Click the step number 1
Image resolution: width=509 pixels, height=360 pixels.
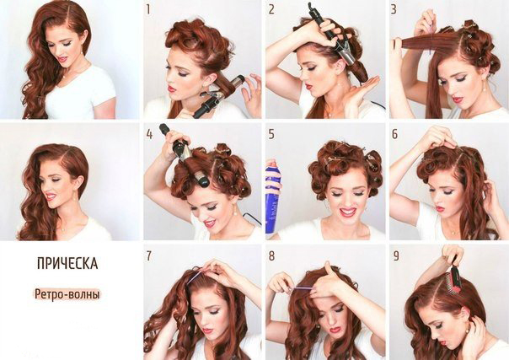148,9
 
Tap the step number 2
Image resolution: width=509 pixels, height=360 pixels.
271,9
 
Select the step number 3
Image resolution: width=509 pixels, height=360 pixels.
394,9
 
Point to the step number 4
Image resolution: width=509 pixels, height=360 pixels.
149,134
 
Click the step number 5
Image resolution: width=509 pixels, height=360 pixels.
271,134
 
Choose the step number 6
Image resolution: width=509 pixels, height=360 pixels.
394,134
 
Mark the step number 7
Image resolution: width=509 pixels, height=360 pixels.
148,256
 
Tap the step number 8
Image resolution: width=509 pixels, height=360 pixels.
271,256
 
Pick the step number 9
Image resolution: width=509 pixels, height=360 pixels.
396,256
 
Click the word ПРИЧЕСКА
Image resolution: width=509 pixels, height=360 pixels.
67,263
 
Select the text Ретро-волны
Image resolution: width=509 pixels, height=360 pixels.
67,294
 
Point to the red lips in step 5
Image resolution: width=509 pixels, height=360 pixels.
347,212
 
